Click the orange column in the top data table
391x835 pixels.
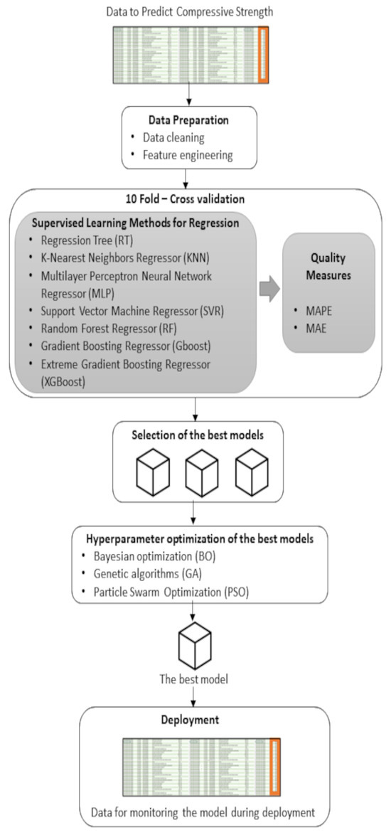coord(264,46)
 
